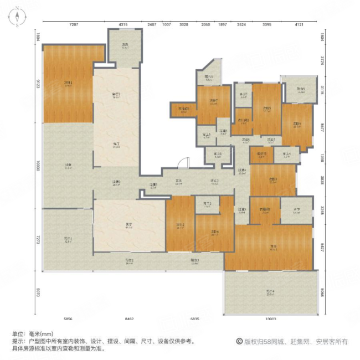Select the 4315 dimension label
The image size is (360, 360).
click(x=123, y=25)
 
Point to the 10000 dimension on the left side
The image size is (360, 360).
click(x=38, y=166)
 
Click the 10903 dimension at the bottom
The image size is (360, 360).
click(x=270, y=318)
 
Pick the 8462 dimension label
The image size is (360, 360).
click(x=129, y=318)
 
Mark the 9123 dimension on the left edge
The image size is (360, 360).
click(x=38, y=84)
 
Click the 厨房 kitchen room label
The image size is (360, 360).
click(x=126, y=45)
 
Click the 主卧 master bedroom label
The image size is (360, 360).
click(x=273, y=246)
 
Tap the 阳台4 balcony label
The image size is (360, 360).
click(x=270, y=292)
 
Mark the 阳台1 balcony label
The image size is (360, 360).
click(x=68, y=240)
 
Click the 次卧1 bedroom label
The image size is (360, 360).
click(x=69, y=84)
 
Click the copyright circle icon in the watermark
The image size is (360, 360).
click(x=240, y=341)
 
